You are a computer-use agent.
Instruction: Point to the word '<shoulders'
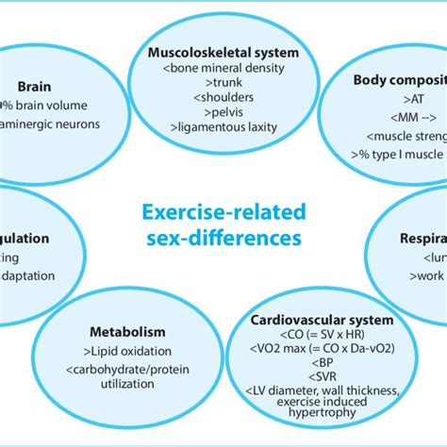pos(223,99)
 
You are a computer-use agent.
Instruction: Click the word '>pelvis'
pos(223,115)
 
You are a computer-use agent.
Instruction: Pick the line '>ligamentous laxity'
pos(223,131)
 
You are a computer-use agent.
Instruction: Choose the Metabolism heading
pos(127,331)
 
